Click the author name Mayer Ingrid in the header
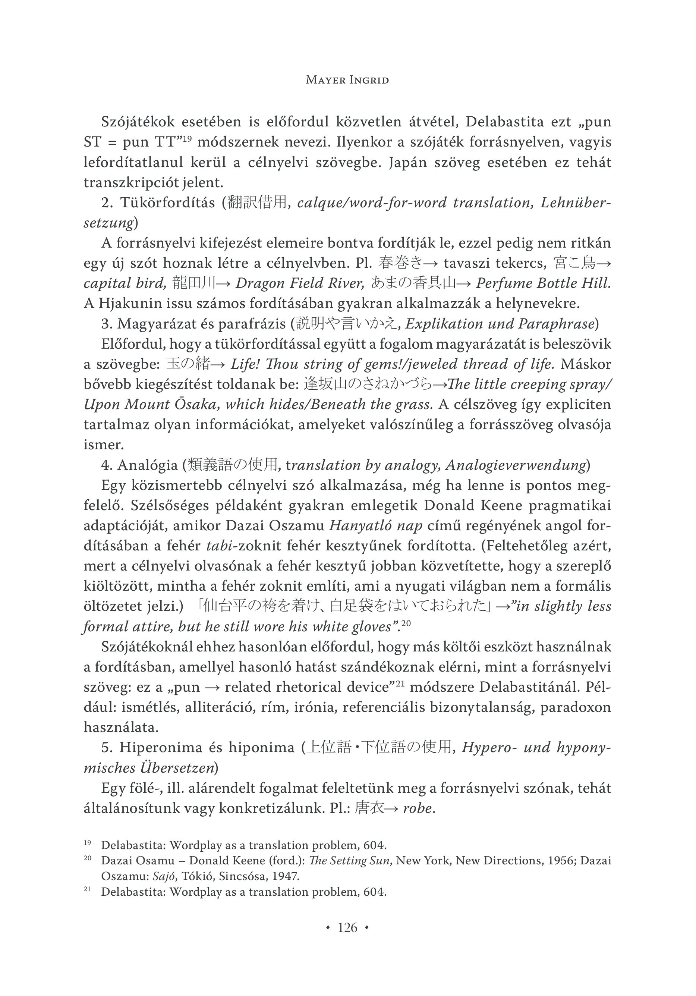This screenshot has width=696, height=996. click(347, 80)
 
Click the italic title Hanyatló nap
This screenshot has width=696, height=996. click(375, 526)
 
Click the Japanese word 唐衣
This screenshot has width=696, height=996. click(368, 808)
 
